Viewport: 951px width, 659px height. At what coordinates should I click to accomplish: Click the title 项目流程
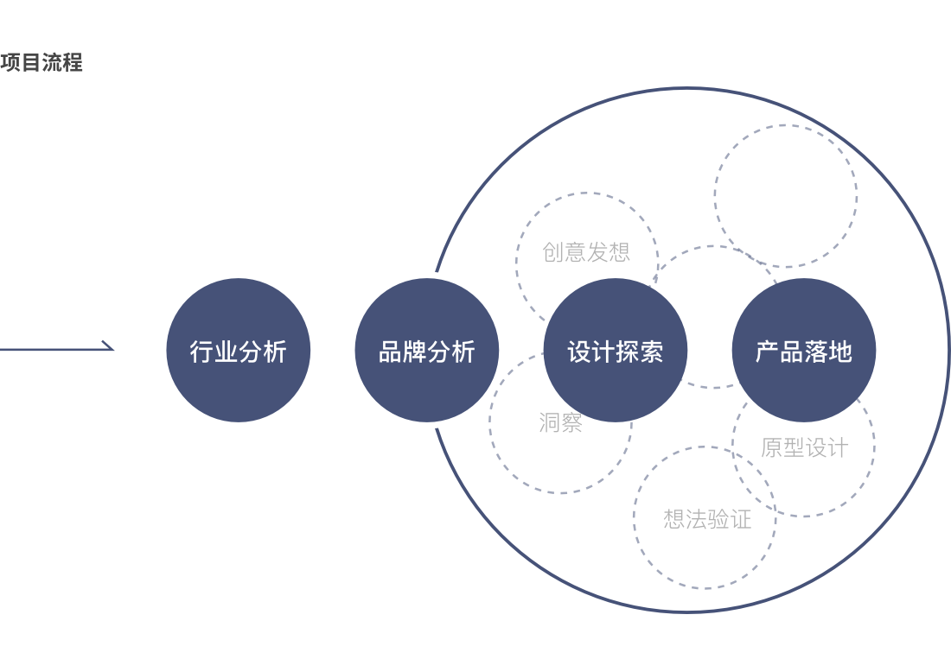pyautogui.click(x=41, y=62)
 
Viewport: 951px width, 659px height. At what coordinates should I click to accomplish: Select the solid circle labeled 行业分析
pyautogui.click(x=239, y=350)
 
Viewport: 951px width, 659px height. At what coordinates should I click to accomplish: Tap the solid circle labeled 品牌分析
pyautogui.click(x=427, y=350)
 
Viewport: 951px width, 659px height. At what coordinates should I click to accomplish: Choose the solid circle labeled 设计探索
pyautogui.click(x=616, y=350)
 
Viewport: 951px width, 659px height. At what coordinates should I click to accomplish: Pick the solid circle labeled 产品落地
pyautogui.click(x=804, y=350)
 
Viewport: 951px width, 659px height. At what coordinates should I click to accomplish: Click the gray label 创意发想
pyautogui.click(x=586, y=252)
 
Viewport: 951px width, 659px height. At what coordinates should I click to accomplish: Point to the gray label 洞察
pyautogui.click(x=561, y=422)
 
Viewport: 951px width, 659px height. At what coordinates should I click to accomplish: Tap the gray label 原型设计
pyautogui.click(x=805, y=447)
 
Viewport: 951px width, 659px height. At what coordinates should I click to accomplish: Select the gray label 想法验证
pyautogui.click(x=708, y=519)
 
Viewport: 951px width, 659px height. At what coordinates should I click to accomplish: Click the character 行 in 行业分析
pyautogui.click(x=202, y=352)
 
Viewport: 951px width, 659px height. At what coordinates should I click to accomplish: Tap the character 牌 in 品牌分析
pyautogui.click(x=415, y=352)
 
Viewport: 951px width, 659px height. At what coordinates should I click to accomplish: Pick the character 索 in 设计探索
pyautogui.click(x=652, y=352)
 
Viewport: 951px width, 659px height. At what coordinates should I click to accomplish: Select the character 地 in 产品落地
pyautogui.click(x=840, y=352)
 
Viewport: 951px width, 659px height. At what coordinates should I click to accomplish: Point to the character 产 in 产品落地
pyautogui.click(x=768, y=352)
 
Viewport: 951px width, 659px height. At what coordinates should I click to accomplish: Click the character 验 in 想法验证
pyautogui.click(x=718, y=519)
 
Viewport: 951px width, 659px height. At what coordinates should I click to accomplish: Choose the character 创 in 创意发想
pyautogui.click(x=553, y=252)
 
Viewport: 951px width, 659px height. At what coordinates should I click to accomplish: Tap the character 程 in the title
pyautogui.click(x=72, y=62)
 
